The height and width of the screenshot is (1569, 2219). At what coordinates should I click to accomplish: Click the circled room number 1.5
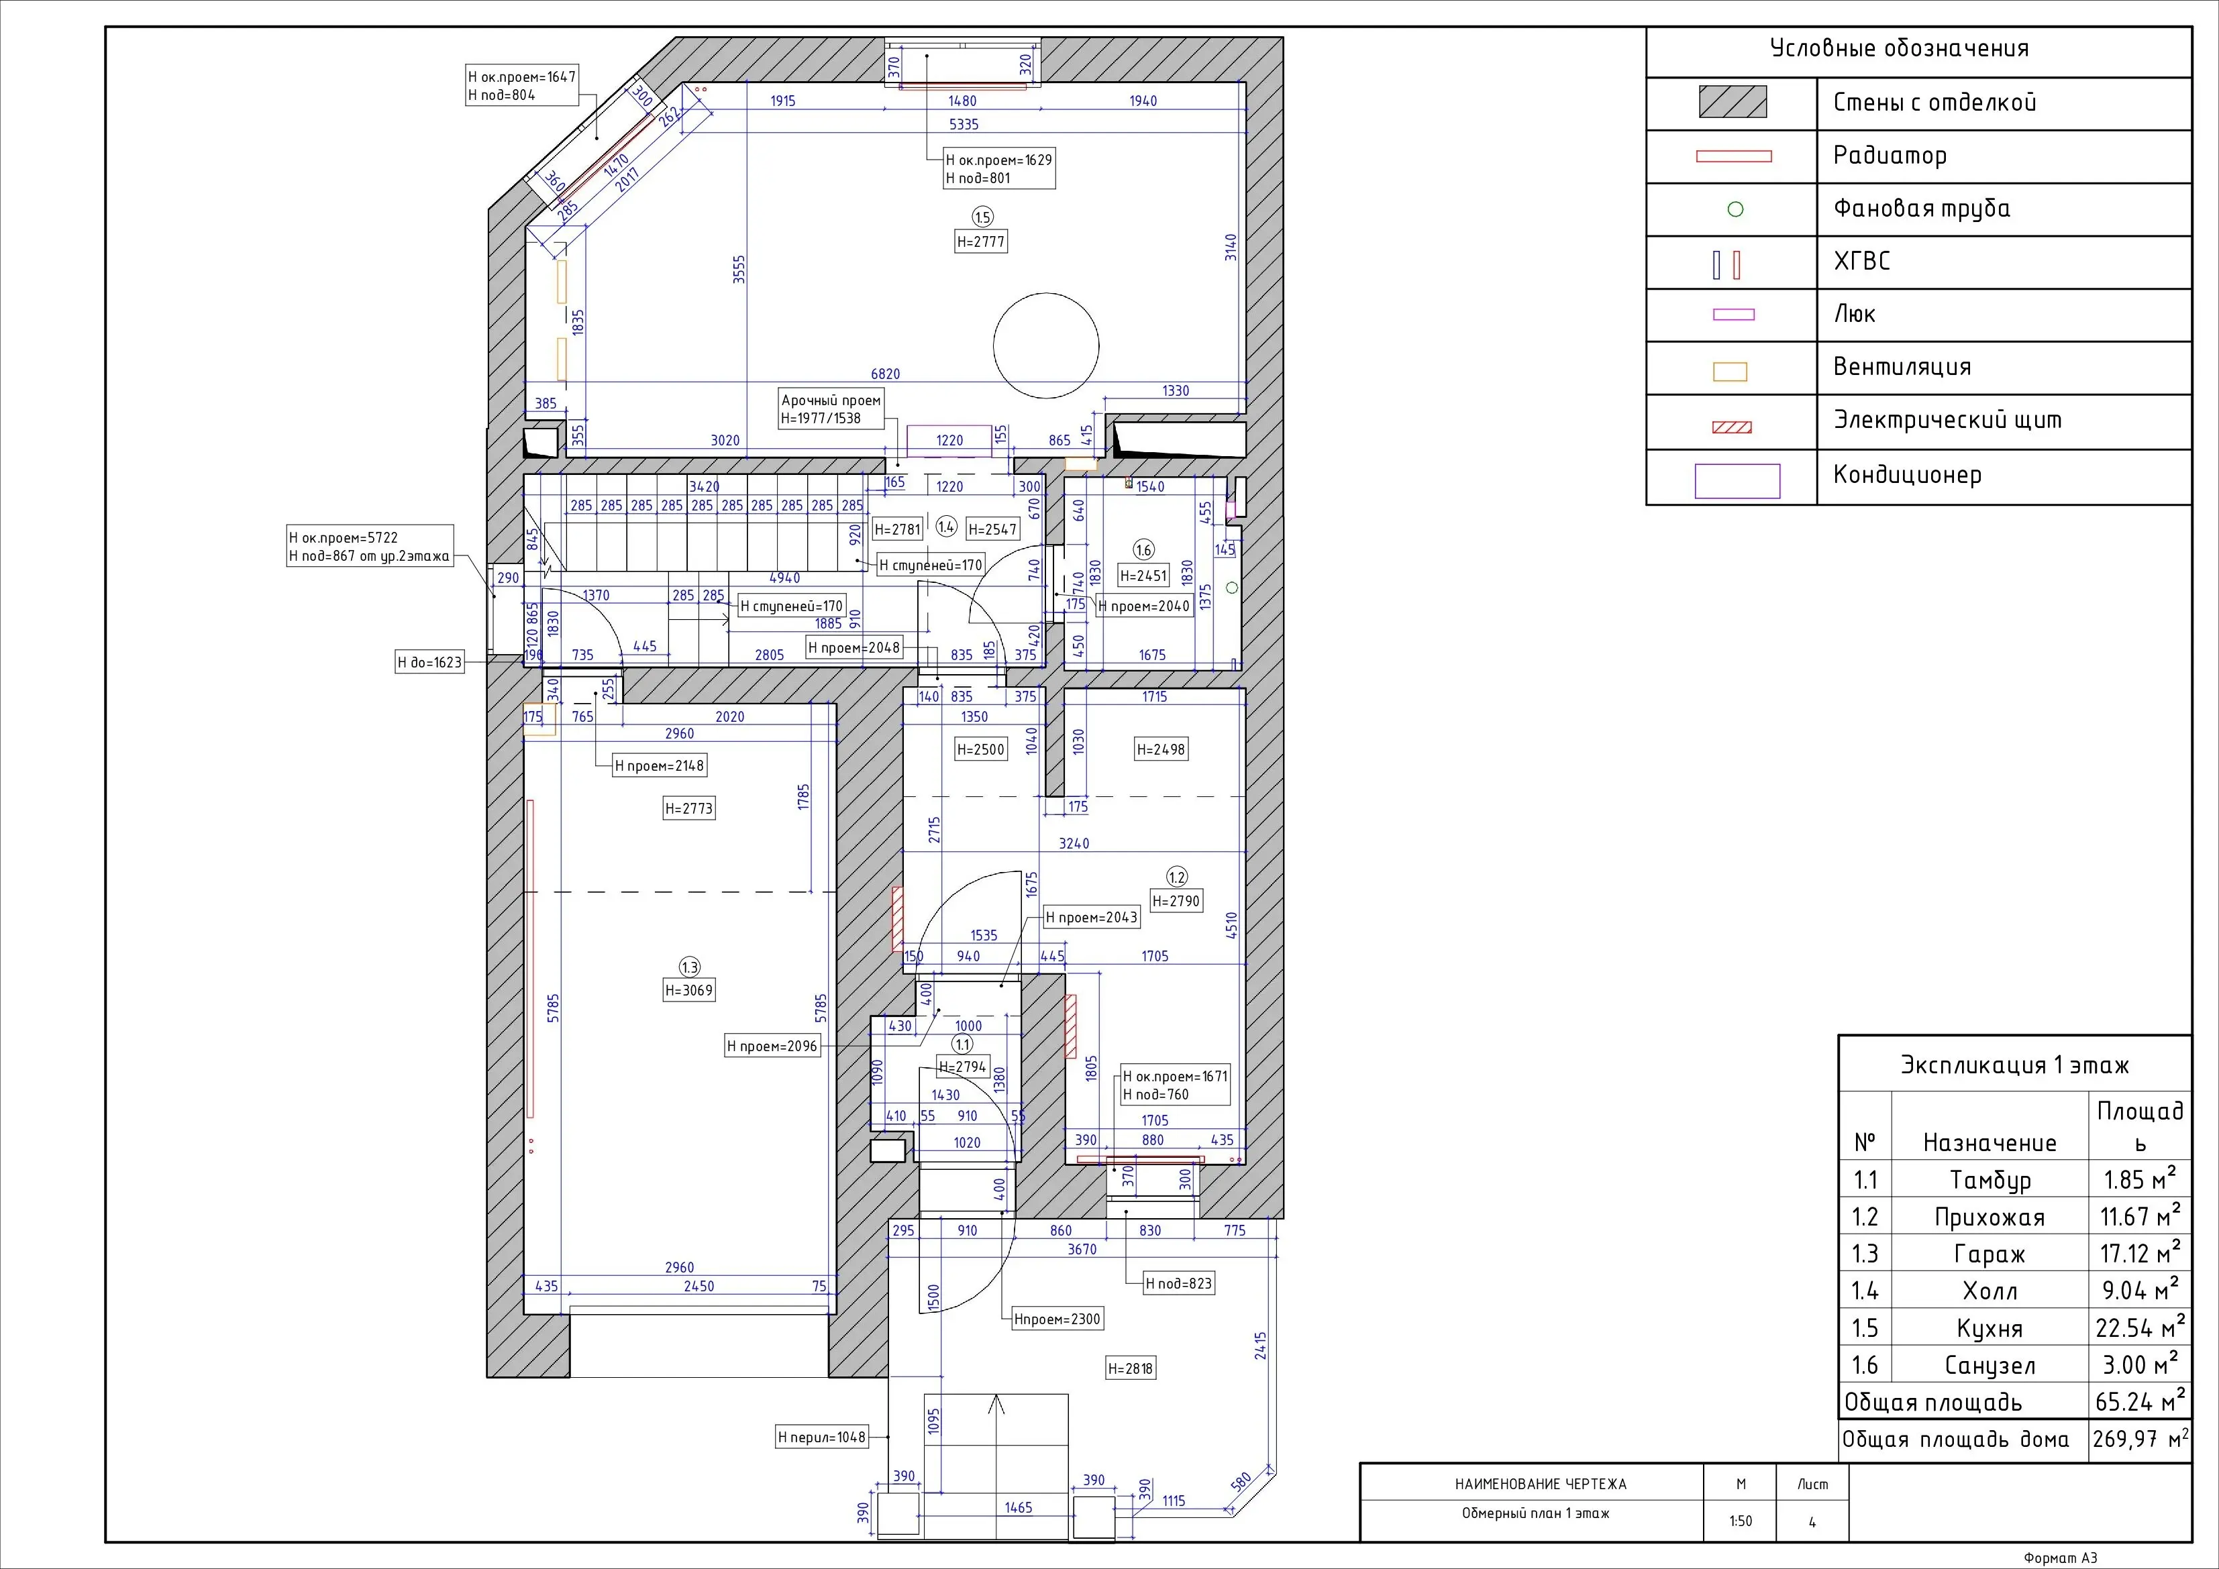pyautogui.click(x=982, y=217)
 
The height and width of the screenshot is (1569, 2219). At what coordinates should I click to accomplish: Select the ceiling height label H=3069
pyautogui.click(x=689, y=990)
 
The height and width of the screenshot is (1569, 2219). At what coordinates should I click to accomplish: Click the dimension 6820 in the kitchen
pyautogui.click(x=885, y=374)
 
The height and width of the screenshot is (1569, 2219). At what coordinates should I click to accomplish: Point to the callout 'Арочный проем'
pyautogui.click(x=830, y=400)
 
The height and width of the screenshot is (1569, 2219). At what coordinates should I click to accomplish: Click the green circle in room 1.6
pyautogui.click(x=1232, y=588)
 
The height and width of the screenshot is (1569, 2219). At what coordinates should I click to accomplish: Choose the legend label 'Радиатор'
pyautogui.click(x=1890, y=156)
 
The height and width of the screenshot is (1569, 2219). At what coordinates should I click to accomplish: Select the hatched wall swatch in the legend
pyautogui.click(x=1733, y=103)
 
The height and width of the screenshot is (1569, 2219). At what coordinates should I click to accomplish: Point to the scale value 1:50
pyautogui.click(x=1740, y=1521)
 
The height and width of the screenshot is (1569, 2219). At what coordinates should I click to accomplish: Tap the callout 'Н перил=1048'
pyautogui.click(x=823, y=1438)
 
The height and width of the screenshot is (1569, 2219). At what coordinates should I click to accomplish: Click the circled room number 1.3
pyautogui.click(x=689, y=967)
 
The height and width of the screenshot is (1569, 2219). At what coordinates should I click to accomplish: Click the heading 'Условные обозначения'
pyautogui.click(x=1899, y=48)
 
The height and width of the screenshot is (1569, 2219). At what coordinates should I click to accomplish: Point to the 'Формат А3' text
pyautogui.click(x=2061, y=1558)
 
